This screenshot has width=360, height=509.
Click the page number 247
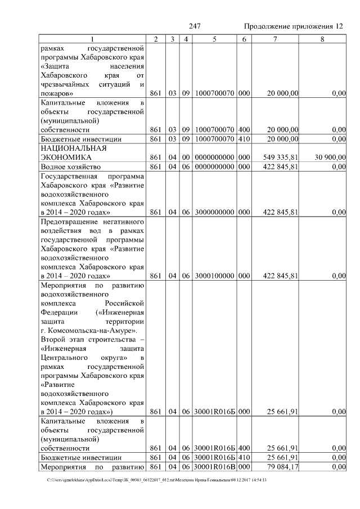pyautogui.click(x=195, y=26)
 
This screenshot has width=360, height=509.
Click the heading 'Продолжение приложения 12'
pyautogui.click(x=293, y=26)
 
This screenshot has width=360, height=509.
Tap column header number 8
pyautogui.click(x=322, y=39)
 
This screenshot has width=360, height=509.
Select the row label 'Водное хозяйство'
pyautogui.click(x=70, y=167)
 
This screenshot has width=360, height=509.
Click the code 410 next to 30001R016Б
pyautogui.click(x=244, y=458)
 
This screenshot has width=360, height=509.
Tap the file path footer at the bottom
pyautogui.click(x=157, y=480)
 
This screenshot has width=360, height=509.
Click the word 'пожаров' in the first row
pyautogui.click(x=57, y=93)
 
